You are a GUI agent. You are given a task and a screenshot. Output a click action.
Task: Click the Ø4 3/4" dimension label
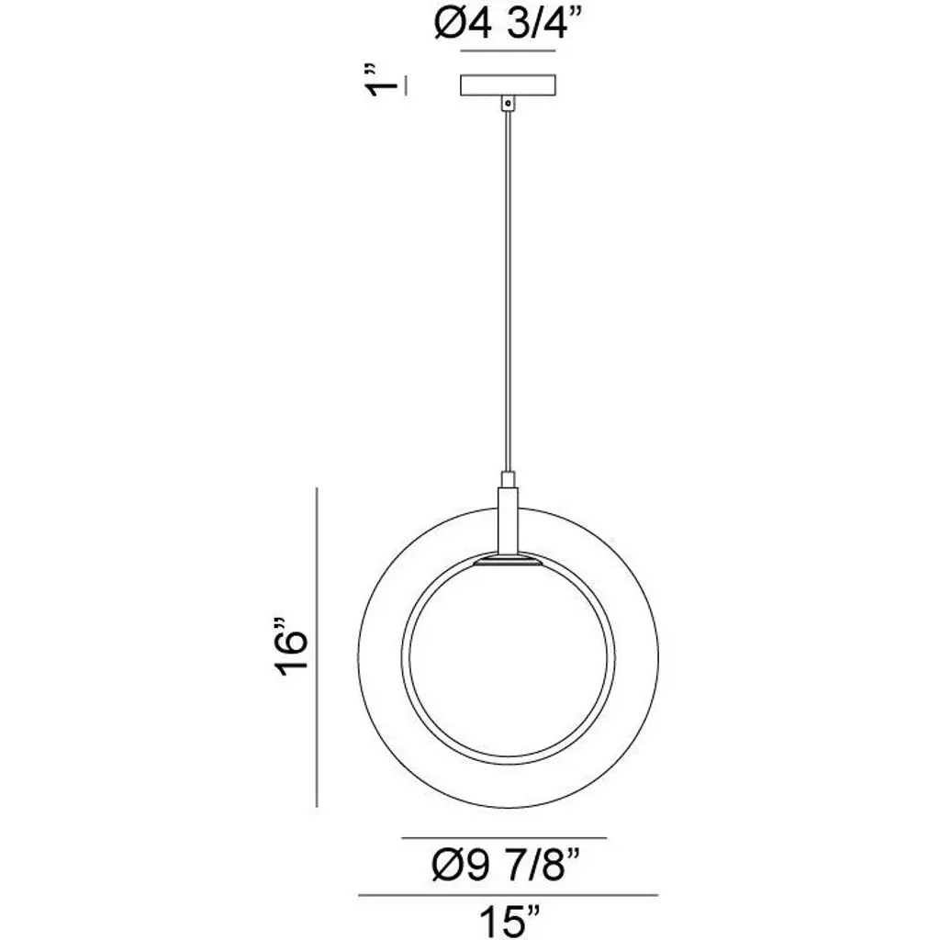pos(508,25)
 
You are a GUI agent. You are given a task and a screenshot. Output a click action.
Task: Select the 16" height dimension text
pos(292,645)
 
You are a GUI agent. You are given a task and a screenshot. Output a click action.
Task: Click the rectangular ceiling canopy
pos(508,85)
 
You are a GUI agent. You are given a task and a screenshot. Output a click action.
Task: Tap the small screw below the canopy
pos(509,104)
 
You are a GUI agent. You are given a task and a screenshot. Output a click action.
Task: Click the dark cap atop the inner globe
pos(508,561)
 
